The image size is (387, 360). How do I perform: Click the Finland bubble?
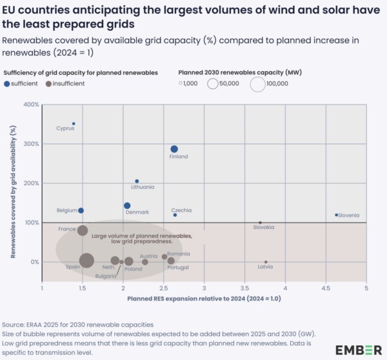[x=174, y=149]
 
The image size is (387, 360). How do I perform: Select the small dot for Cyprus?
[x=74, y=123]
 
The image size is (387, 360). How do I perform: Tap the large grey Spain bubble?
[x=86, y=261]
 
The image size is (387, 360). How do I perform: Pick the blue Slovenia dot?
[x=336, y=215]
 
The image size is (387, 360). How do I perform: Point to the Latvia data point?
[x=266, y=262]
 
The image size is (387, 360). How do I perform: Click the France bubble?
[x=83, y=230]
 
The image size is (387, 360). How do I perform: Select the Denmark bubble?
[x=127, y=206]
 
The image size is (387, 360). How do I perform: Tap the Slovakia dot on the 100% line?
[x=260, y=223]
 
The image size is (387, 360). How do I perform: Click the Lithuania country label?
[x=143, y=187]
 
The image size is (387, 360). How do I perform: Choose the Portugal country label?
[x=177, y=267]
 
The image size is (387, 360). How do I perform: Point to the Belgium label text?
[x=66, y=210]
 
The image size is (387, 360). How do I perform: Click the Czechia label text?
[x=181, y=210]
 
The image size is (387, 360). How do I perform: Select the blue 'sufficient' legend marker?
[x=6, y=83]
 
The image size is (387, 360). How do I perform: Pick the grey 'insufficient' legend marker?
[x=49, y=83]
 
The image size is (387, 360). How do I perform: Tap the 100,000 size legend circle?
[x=257, y=84]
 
